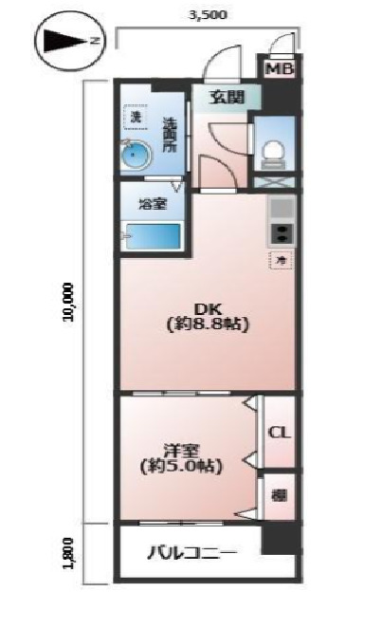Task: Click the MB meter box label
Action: tap(279, 69)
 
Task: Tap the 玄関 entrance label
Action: tap(227, 97)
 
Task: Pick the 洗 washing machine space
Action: tap(136, 118)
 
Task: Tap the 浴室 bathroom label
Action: tap(151, 203)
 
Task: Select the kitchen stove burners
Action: tap(282, 232)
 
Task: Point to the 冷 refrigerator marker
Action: tap(282, 258)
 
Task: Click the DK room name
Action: tap(208, 307)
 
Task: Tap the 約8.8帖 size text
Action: tap(208, 324)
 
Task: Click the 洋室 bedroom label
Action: tap(181, 449)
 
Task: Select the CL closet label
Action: tap(279, 433)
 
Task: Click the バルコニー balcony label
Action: tap(190, 553)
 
